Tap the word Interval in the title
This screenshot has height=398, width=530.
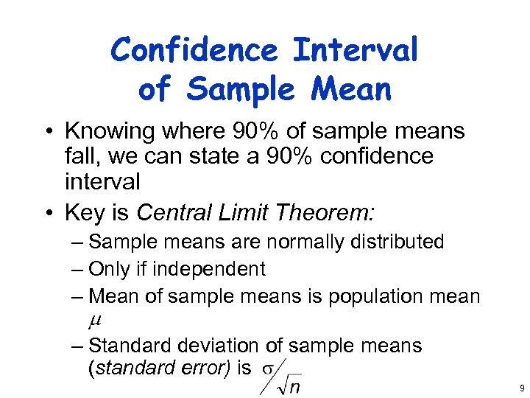[x=355, y=51]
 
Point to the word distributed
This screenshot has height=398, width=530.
[x=397, y=242]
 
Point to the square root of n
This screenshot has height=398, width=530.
[x=289, y=384]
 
